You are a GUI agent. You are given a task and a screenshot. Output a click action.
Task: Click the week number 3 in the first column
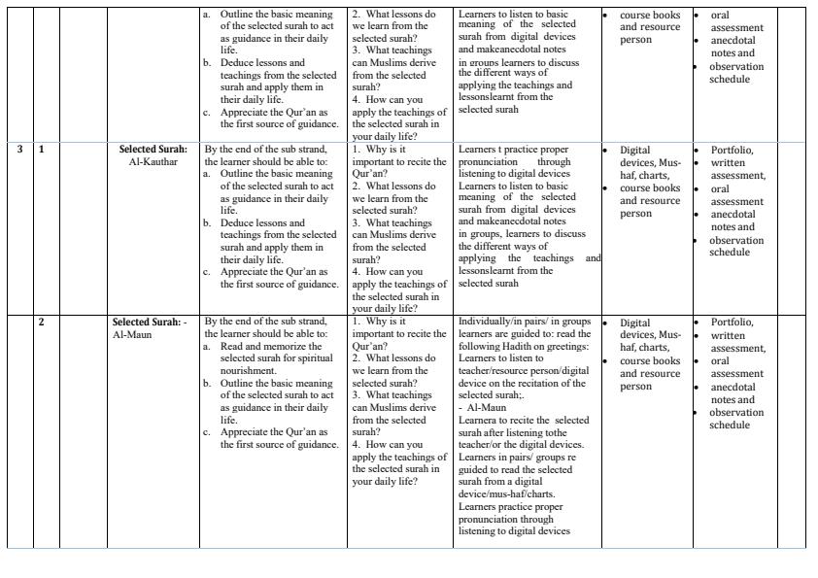pyautogui.click(x=20, y=150)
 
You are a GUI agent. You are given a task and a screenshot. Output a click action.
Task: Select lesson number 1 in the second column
pyautogui.click(x=42, y=150)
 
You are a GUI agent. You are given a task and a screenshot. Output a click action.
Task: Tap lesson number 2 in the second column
pyautogui.click(x=42, y=322)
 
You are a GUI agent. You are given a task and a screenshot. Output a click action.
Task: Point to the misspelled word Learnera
pyautogui.click(x=478, y=420)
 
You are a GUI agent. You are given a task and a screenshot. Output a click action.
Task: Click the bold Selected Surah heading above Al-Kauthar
pyautogui.click(x=153, y=150)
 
